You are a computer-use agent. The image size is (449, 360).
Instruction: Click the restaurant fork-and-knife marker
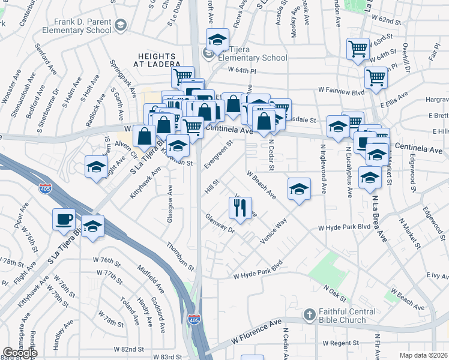pyautogui.click(x=240, y=208)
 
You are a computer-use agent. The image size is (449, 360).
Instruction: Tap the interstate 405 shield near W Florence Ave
pyautogui.click(x=194, y=319)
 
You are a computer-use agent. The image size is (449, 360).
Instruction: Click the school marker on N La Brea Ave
pyautogui.click(x=370, y=178)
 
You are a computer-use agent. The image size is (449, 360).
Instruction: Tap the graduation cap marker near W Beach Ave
pyautogui.click(x=299, y=190)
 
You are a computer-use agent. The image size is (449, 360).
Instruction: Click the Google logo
pyautogui.click(x=20, y=353)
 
